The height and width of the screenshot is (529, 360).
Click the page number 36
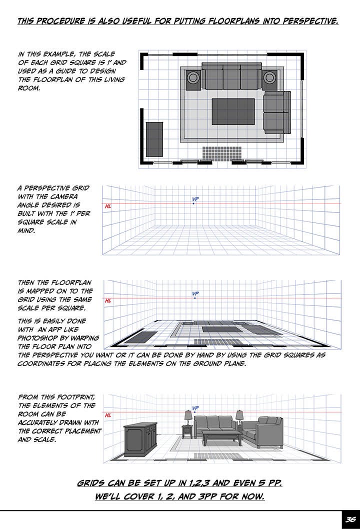click(x=350, y=520)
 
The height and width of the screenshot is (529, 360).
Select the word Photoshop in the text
click(x=37, y=337)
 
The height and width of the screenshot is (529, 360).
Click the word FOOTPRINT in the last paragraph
click(x=73, y=397)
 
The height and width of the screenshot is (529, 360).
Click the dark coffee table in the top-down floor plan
click(x=233, y=111)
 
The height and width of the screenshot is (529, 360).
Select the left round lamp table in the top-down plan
click(x=193, y=78)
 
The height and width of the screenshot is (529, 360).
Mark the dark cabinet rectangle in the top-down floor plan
click(x=154, y=138)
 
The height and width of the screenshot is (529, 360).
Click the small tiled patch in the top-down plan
click(x=222, y=153)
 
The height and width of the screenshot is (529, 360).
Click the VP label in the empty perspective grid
click(x=195, y=199)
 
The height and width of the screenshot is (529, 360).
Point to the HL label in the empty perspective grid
click(x=107, y=206)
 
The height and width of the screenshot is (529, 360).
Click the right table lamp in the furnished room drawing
click(x=239, y=415)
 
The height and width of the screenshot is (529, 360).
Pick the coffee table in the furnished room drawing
click(x=221, y=437)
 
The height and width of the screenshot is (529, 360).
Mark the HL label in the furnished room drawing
click(x=107, y=415)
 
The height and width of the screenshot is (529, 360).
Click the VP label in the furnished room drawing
click(x=195, y=408)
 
